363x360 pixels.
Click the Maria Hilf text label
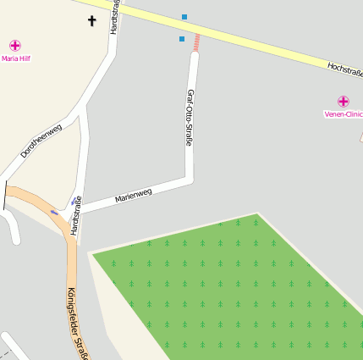(x=15, y=59)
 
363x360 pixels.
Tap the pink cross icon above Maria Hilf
(x=15, y=45)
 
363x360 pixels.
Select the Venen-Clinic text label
(x=343, y=114)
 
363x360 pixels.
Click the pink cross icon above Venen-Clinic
(x=343, y=101)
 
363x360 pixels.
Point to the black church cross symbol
(x=91, y=20)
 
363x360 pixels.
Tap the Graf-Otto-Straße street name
(x=190, y=118)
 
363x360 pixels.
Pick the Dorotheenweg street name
(x=41, y=141)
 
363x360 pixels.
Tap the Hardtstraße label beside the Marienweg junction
(x=77, y=215)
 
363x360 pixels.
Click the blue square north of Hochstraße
(x=184, y=17)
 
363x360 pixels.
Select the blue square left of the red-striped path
(x=181, y=38)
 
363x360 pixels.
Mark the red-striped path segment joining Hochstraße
(x=196, y=42)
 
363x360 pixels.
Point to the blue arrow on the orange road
(x=55, y=212)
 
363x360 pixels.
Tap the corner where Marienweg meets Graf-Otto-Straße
(x=190, y=179)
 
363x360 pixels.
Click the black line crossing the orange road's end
(x=5, y=196)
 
